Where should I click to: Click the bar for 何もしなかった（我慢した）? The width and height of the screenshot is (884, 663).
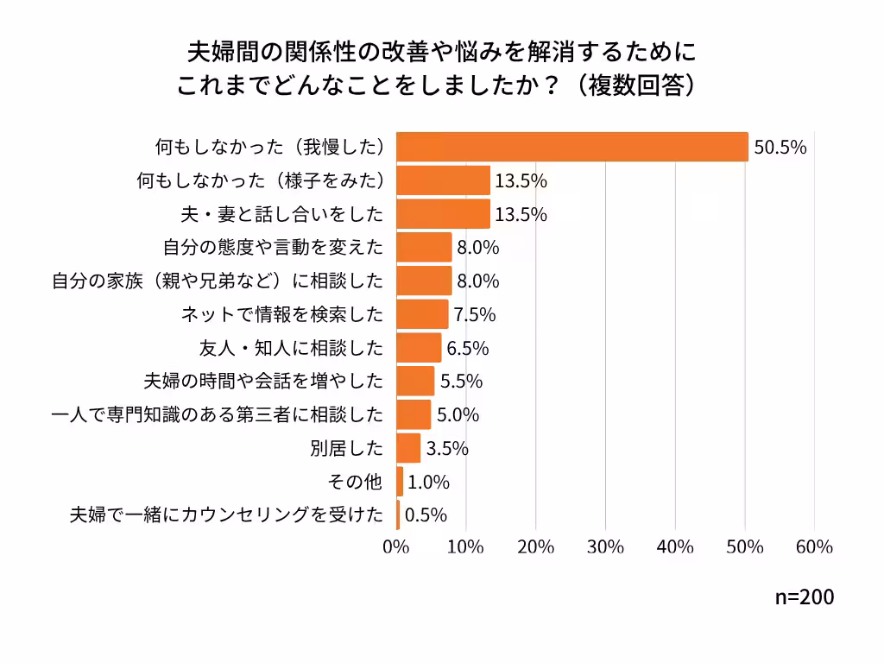571,147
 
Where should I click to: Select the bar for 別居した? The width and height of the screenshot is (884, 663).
408,448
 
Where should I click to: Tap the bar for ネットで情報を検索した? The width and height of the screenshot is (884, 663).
422,314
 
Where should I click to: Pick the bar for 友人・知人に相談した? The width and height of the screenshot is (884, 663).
419,348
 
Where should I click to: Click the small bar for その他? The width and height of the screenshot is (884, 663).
400,482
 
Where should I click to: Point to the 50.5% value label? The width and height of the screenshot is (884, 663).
780,147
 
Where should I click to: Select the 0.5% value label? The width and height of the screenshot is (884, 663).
426,515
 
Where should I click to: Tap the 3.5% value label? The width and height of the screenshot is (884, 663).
447,448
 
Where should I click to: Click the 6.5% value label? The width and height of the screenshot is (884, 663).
468,348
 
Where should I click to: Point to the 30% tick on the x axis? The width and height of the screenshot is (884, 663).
605,547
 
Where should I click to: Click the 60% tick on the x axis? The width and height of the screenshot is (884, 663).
814,547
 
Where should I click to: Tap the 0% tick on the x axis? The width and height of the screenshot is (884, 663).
396,547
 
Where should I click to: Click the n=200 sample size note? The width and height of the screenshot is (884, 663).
805,597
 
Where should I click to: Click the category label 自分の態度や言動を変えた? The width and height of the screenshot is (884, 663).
273,248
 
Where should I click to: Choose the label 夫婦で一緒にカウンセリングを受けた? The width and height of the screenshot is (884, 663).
226,515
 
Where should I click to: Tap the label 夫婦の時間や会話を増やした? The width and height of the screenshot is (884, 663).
262,382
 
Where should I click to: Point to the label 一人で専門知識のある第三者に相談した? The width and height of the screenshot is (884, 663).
218,415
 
